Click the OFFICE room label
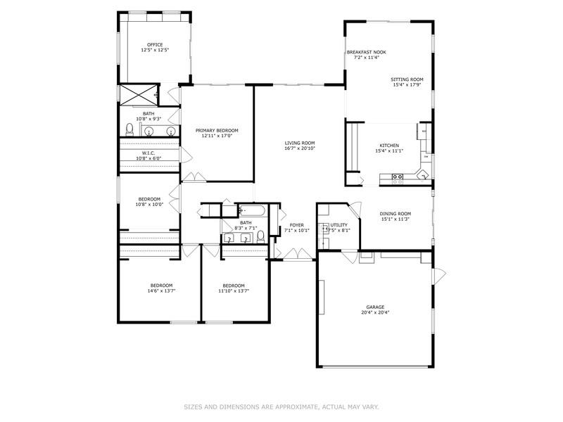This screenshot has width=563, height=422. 155,45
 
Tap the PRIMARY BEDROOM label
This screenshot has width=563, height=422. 217,130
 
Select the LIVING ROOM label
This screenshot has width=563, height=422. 300,143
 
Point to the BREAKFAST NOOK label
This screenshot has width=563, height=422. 366,52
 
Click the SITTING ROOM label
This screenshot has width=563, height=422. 407,79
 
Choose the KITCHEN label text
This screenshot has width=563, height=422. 389,146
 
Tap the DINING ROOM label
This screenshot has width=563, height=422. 396,214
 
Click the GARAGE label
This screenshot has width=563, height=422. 375,307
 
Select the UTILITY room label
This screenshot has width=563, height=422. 339,225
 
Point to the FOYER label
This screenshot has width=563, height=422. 296,225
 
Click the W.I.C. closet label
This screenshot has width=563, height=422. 148,153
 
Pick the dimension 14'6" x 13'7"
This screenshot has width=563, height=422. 161,291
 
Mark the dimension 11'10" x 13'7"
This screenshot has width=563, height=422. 234,291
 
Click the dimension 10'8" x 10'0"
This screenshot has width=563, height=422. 149,205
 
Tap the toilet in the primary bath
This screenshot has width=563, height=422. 129,129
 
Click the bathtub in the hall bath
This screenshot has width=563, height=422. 252,210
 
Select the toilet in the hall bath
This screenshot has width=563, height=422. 260,236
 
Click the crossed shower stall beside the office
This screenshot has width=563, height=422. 138,95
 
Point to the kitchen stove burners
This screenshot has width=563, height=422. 398,177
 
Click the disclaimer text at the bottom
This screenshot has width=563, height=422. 281,407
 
